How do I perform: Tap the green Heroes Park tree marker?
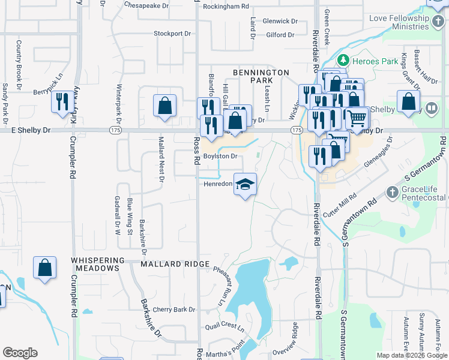click(x=343, y=61)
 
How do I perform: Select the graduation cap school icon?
click(x=245, y=183)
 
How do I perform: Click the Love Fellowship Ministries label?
click(x=399, y=23)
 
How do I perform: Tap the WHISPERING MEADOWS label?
click(x=95, y=264)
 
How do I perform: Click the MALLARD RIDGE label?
click(x=175, y=264)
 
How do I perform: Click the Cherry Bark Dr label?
click(x=174, y=310)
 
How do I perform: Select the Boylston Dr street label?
click(x=221, y=156)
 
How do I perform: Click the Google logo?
click(x=20, y=353)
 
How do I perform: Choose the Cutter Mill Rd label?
click(x=340, y=205)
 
